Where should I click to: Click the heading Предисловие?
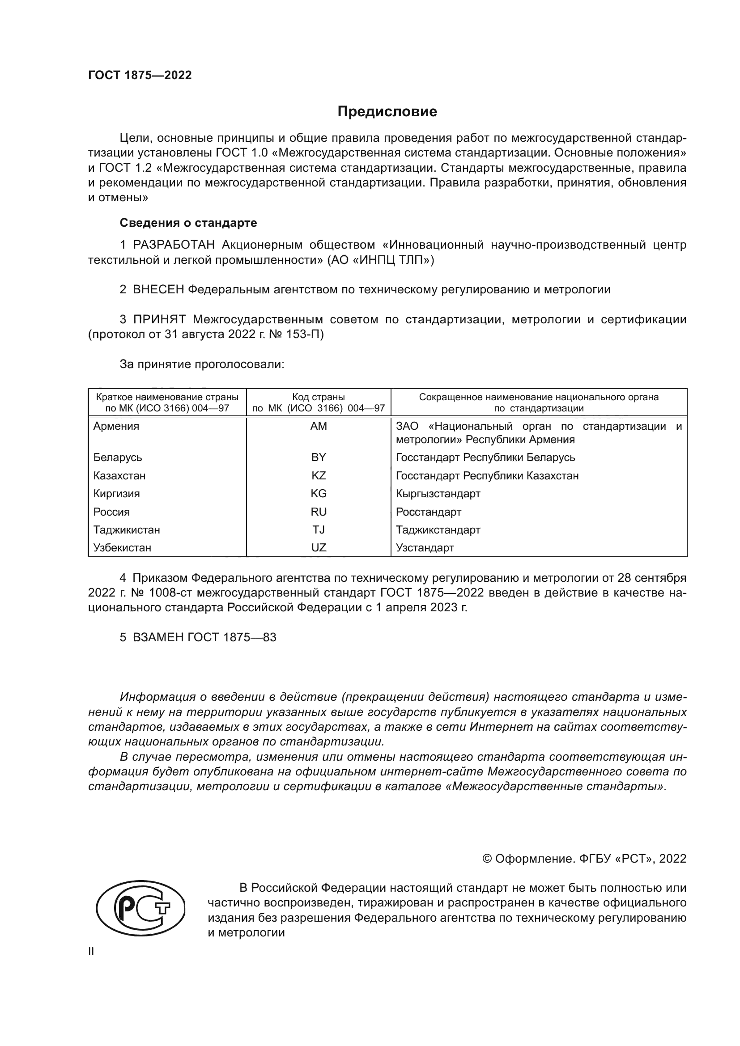tap(387, 112)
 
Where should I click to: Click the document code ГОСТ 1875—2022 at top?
tap(140, 76)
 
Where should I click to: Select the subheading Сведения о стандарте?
tap(188, 223)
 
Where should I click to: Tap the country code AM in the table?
tap(319, 426)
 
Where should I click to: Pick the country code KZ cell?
tap(319, 476)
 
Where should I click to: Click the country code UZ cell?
tap(319, 548)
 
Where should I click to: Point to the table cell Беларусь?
tap(118, 457)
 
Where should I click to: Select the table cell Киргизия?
tap(117, 494)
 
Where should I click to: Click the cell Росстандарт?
tap(428, 512)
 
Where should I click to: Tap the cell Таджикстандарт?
tap(438, 530)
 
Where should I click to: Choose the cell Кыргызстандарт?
tap(438, 494)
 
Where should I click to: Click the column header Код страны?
tap(319, 397)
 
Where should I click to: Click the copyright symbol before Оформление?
tap(487, 859)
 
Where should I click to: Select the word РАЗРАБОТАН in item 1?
tap(174, 245)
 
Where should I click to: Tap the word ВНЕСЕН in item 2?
tap(158, 290)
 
